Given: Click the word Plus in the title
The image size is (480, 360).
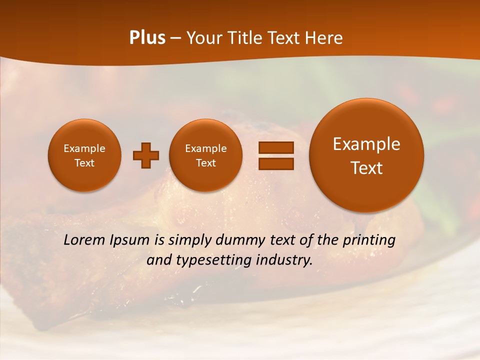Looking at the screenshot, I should (147, 38).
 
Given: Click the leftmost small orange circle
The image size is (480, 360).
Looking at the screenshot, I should (84, 155).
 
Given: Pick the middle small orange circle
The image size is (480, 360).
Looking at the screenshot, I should (205, 155).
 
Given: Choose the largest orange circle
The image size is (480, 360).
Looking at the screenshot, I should (366, 155).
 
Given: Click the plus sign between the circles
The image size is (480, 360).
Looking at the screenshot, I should (145, 155).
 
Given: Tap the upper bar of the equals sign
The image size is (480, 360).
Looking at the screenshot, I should (275, 147).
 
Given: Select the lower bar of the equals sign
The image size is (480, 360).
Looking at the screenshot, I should (275, 163).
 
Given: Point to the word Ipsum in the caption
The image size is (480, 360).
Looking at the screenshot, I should (130, 240).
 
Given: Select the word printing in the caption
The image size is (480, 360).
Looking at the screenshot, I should (369, 240).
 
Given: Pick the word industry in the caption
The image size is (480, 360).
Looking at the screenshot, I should (285, 260).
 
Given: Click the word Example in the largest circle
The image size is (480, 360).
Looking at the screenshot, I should (366, 144).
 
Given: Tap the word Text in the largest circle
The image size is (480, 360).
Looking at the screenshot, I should (366, 168).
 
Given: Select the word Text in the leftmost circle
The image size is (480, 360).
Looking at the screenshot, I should (84, 163).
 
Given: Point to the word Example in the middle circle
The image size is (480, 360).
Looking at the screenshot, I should (205, 148).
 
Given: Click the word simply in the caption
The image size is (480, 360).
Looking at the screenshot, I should (190, 240).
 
